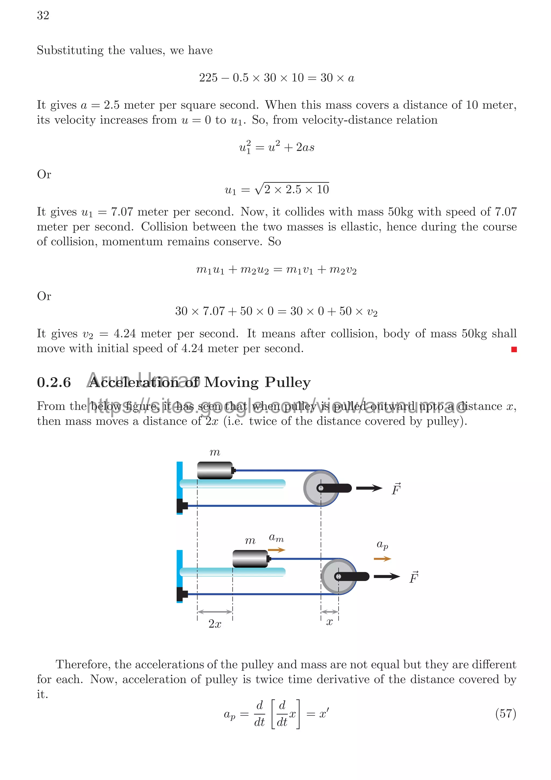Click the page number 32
(x=43, y=15)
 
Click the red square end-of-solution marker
(x=514, y=349)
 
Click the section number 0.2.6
(x=54, y=383)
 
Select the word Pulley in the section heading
(x=288, y=383)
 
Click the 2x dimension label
(x=214, y=624)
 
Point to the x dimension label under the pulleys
(x=329, y=622)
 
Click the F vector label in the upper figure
(x=396, y=489)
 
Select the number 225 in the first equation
(x=208, y=78)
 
